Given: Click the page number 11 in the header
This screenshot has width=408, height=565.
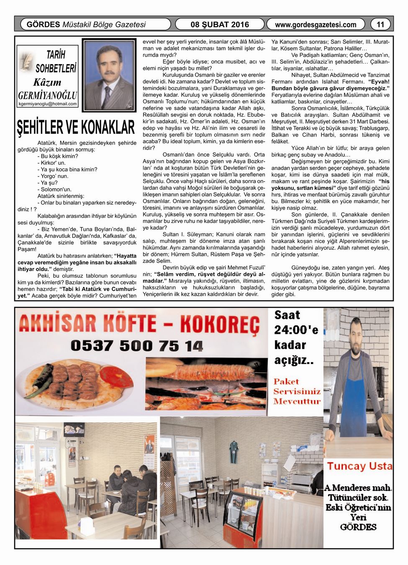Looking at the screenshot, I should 380,24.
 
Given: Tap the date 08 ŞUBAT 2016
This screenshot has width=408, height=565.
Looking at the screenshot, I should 219,24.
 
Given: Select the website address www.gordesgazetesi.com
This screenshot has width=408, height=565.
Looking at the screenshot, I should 316,25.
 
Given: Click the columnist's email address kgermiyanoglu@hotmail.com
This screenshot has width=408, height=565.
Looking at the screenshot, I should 48,104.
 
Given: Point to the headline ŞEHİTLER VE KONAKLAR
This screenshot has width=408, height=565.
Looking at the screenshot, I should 76,127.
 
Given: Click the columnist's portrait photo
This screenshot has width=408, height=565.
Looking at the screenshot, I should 109,75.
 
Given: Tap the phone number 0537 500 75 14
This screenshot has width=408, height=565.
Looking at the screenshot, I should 136,346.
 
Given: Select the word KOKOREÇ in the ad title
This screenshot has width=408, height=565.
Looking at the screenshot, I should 220,324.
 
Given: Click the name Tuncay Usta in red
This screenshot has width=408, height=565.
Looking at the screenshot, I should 359,466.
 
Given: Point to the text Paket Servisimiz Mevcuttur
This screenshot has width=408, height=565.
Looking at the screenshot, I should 297,391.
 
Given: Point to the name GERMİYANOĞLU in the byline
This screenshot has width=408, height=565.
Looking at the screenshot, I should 48,95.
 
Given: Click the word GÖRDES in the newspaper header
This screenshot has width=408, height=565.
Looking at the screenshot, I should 43,24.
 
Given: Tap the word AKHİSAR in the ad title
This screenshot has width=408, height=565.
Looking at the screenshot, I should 58,324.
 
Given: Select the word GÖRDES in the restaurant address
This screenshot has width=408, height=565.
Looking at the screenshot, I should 358,527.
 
